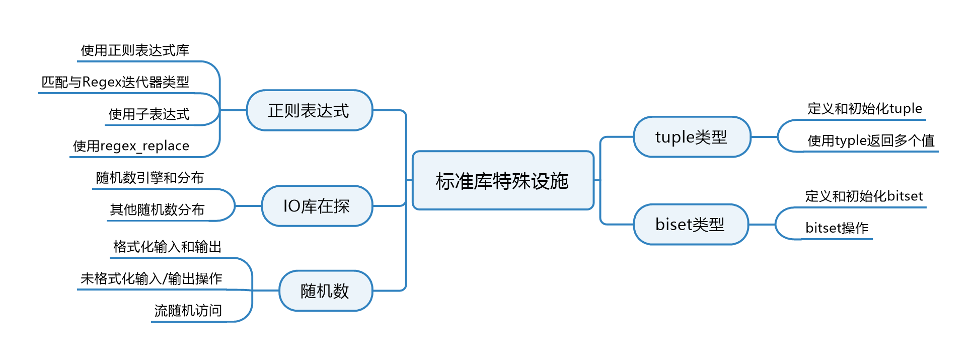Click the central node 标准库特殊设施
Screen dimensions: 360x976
pos(502,181)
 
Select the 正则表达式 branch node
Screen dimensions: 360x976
pos(309,111)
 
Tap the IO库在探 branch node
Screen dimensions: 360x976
pos(317,206)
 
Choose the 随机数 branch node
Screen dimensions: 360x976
pos(325,291)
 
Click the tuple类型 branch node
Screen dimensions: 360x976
pos(692,137)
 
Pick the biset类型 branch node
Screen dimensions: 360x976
pos(690,225)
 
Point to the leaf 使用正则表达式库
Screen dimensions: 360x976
pos(135,50)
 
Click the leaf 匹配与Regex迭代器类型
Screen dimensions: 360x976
pos(115,82)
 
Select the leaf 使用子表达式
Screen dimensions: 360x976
pos(149,114)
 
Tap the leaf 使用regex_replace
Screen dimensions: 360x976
pos(131,146)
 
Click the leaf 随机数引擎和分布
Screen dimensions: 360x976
pos(149,178)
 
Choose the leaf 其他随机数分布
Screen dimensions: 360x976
pos(157,209)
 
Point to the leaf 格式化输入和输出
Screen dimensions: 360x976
pos(167,247)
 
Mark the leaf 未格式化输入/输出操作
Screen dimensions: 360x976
pos(151,278)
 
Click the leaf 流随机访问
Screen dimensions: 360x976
pos(188,311)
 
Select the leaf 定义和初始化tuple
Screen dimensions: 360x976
pos(865,109)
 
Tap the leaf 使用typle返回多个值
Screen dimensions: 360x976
pos(871,140)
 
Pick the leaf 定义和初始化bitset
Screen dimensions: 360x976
pos(864,196)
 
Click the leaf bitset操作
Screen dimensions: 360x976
pos(837,228)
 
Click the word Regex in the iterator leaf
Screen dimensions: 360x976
pos(101,82)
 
